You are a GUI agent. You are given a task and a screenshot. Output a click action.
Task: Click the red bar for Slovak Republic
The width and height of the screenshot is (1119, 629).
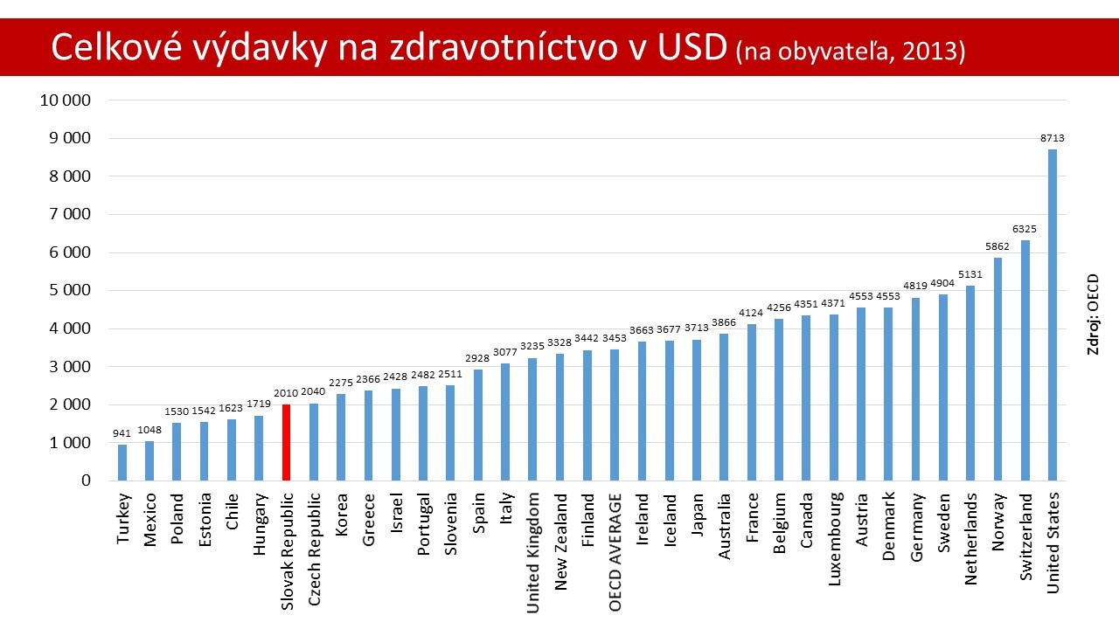tap(286, 442)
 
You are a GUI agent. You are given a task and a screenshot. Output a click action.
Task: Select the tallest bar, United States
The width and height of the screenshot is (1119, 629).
tap(1053, 314)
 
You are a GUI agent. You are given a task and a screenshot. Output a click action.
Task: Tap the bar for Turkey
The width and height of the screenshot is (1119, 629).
tap(122, 462)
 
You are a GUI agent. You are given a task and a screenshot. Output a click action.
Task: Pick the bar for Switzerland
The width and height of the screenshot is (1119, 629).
tap(1025, 360)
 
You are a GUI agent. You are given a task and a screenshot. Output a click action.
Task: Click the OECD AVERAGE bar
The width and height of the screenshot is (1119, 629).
tap(615, 415)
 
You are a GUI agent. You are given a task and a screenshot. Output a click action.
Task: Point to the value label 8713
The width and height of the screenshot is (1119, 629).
tap(1053, 138)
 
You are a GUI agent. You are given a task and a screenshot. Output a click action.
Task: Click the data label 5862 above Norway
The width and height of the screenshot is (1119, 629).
tap(997, 246)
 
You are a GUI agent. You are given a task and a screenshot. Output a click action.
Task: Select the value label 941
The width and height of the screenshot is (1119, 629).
tap(122, 433)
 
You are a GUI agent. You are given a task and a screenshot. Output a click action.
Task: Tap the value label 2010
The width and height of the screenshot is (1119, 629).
tap(286, 393)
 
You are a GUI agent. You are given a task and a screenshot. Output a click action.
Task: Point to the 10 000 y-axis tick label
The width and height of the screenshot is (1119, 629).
tap(66, 100)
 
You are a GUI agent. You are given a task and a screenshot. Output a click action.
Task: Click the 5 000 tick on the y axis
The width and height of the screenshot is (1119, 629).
tap(71, 291)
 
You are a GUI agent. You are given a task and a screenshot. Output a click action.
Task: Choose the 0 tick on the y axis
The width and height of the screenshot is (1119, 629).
tap(86, 481)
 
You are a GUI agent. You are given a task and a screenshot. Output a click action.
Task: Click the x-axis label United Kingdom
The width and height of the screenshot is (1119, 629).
tap(533, 541)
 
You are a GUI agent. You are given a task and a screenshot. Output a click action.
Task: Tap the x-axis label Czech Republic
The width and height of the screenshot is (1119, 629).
tap(314, 540)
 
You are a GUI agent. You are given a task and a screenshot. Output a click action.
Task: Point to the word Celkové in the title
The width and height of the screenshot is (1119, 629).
tap(109, 49)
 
